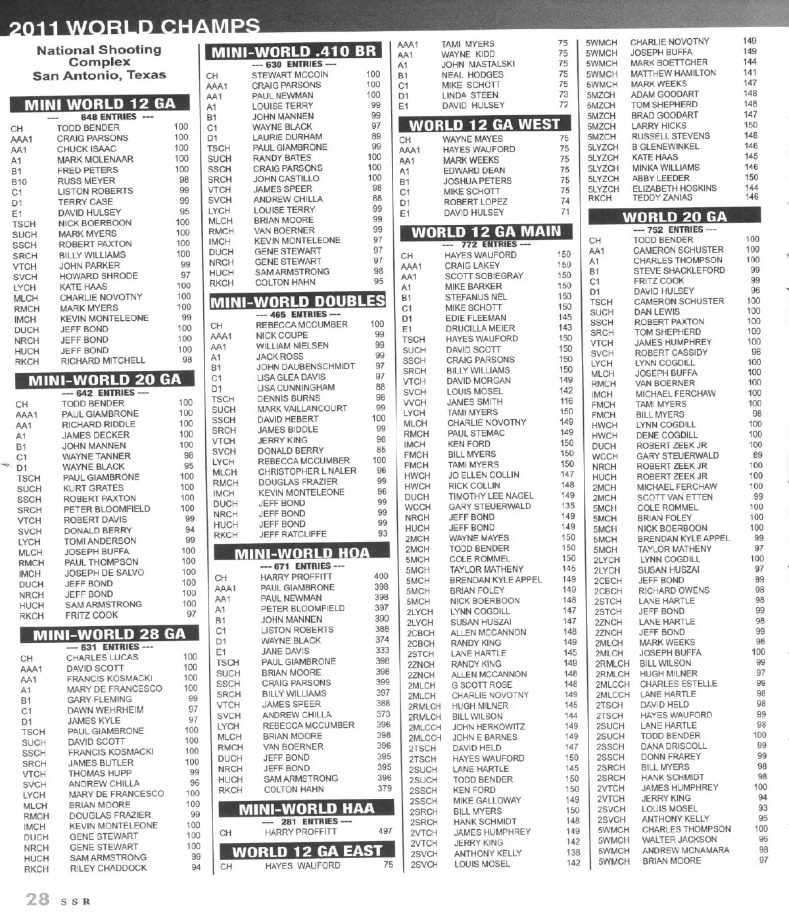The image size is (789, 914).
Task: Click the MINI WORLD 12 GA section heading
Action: (x=100, y=105)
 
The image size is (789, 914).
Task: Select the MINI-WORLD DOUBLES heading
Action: (x=297, y=302)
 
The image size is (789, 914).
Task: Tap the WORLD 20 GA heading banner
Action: (x=675, y=216)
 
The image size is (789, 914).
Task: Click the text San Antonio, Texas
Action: (x=99, y=75)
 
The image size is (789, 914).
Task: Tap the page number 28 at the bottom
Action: (x=37, y=899)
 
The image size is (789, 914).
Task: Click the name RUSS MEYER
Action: (x=86, y=180)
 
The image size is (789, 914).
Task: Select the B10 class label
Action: (x=19, y=181)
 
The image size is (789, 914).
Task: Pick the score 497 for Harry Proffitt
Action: (x=385, y=831)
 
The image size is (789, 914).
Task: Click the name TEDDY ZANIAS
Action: (x=662, y=197)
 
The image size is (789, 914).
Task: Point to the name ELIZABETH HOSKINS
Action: (x=674, y=188)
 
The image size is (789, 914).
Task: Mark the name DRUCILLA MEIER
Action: (x=480, y=328)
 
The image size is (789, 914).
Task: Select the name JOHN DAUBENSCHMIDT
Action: (x=306, y=366)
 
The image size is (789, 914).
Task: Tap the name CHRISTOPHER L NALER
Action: (x=307, y=471)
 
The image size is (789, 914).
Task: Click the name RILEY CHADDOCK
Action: (x=108, y=868)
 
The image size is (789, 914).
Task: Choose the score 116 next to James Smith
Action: (x=566, y=401)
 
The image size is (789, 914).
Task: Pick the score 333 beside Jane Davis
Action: (x=382, y=650)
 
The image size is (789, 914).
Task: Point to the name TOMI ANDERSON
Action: (x=100, y=541)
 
